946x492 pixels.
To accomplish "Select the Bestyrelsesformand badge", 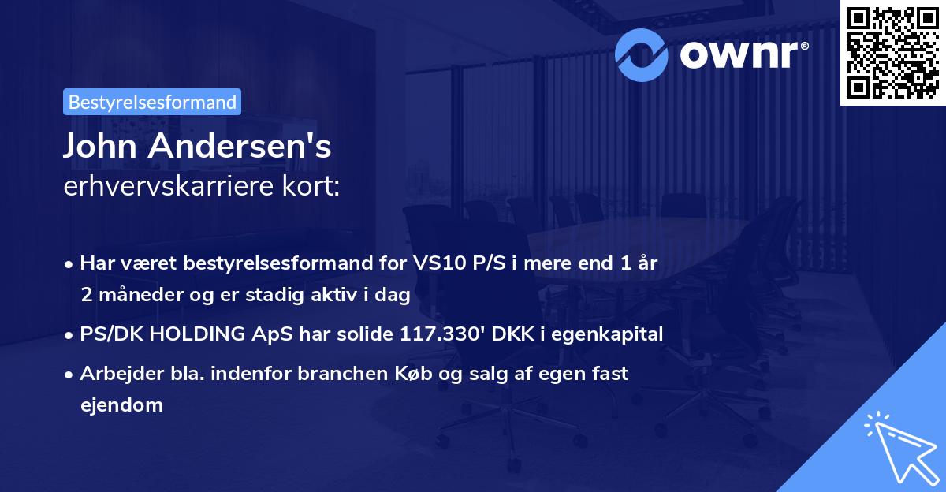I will [151, 102].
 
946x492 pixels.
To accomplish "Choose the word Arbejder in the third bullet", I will [114, 374].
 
